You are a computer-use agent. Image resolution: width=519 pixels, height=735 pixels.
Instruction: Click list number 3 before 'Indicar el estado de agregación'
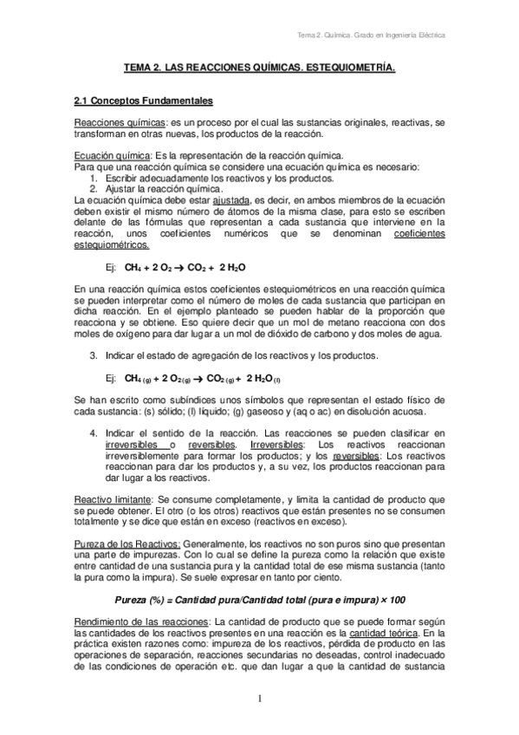click(x=93, y=355)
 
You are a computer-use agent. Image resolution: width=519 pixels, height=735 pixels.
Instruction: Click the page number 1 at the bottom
click(x=259, y=699)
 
